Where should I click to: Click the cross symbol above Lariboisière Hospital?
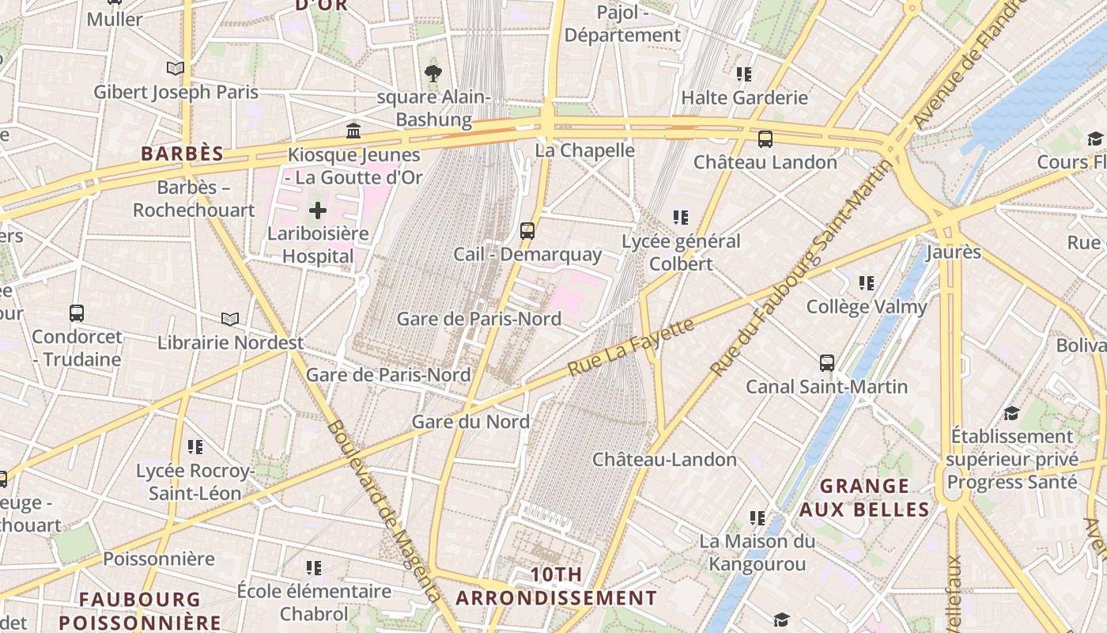(x=317, y=210)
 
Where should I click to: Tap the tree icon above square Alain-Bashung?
(x=433, y=74)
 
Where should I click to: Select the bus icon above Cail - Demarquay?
(x=527, y=231)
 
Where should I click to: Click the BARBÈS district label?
(x=183, y=154)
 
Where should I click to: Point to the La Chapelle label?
(x=585, y=150)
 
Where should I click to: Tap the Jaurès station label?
(x=954, y=252)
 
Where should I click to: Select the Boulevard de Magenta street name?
(x=382, y=510)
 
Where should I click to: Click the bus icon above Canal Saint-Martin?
(x=827, y=363)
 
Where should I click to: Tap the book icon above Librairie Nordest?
(x=230, y=319)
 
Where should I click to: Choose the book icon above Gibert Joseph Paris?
(x=176, y=69)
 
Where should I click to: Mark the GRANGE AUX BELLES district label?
(x=863, y=498)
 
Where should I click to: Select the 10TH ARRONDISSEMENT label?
(x=557, y=586)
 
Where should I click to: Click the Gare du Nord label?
(x=470, y=422)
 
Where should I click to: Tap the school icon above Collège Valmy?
(x=867, y=282)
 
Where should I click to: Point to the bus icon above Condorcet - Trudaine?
(x=77, y=313)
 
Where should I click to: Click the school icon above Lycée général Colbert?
(x=681, y=217)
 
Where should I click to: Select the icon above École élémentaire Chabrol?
(x=314, y=568)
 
